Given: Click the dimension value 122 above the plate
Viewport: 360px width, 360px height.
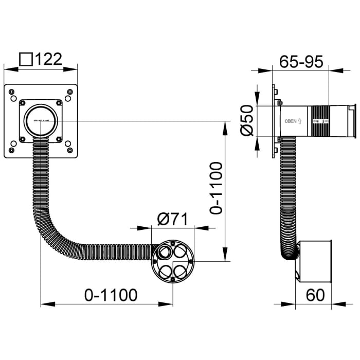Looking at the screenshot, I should click(50, 59).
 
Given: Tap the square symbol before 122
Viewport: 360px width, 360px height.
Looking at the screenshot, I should click(26, 59).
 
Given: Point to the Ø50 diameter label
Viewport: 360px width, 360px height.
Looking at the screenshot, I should click(247, 121).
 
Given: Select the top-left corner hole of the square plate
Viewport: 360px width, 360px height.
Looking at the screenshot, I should click(12, 91).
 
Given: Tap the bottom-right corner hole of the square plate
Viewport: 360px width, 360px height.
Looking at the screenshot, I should click(69, 151).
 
